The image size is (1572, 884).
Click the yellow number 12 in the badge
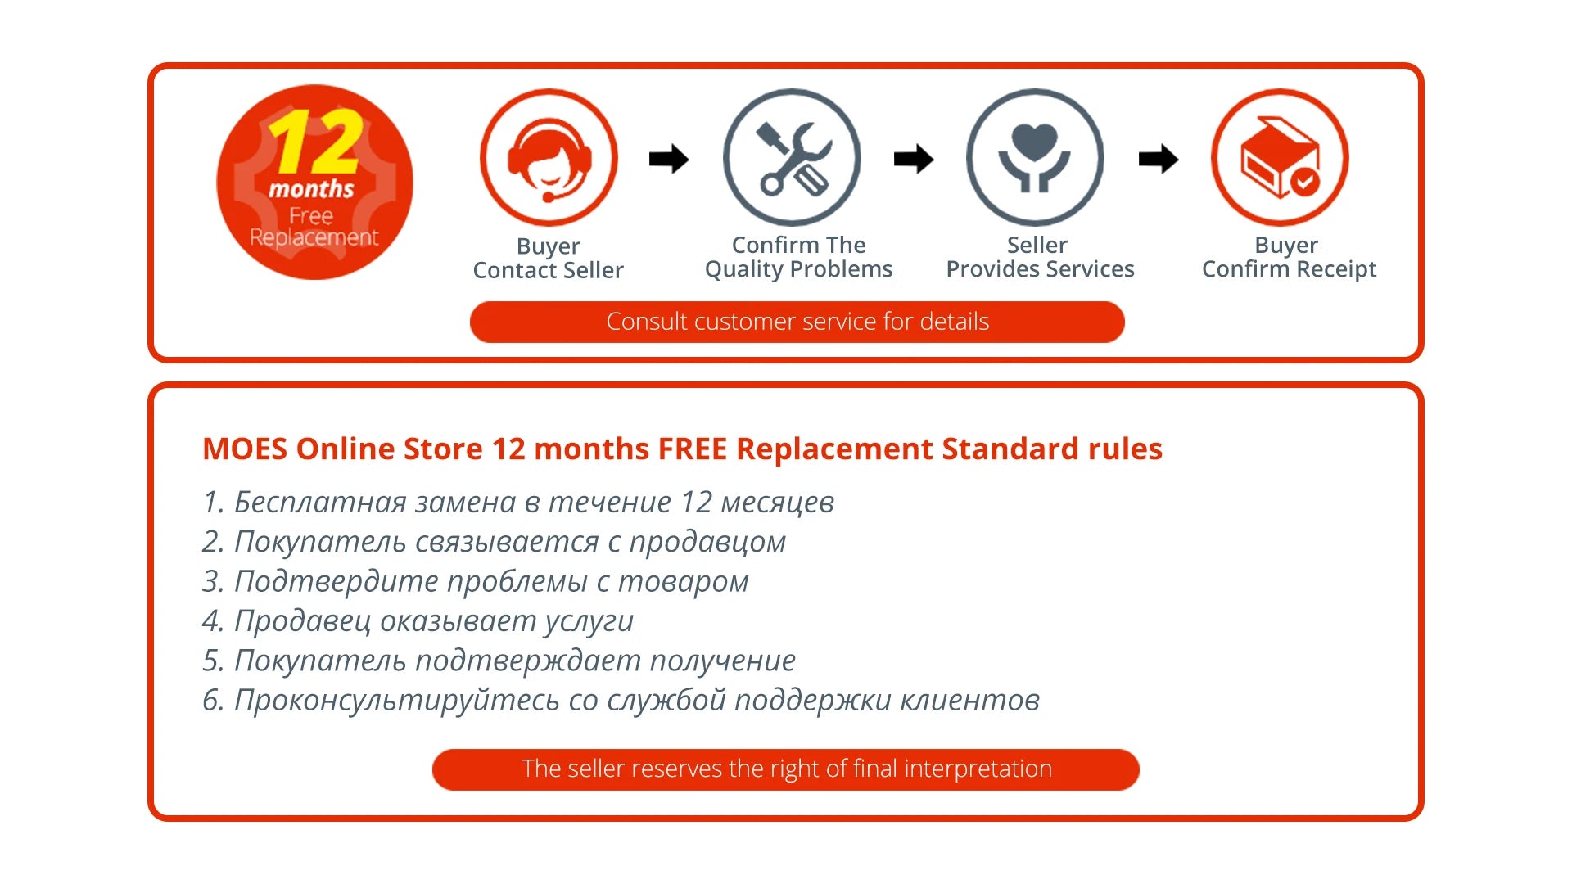click(x=315, y=142)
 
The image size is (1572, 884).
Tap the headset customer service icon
click(x=549, y=158)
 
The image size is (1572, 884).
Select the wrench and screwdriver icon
click(x=793, y=158)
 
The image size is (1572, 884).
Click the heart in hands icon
click(x=1036, y=158)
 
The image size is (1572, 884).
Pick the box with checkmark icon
click(x=1281, y=158)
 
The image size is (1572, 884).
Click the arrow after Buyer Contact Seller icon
click(x=669, y=159)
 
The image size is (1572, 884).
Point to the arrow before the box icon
click(x=1159, y=159)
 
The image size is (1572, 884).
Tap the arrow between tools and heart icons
click(x=914, y=159)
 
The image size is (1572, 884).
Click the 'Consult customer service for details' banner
click(x=797, y=322)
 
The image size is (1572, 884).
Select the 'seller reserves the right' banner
click(x=786, y=769)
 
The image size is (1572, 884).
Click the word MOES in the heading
click(x=245, y=449)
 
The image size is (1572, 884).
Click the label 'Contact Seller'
click(x=549, y=271)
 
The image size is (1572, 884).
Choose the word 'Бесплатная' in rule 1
click(x=320, y=503)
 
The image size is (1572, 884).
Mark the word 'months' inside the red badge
click(x=311, y=190)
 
